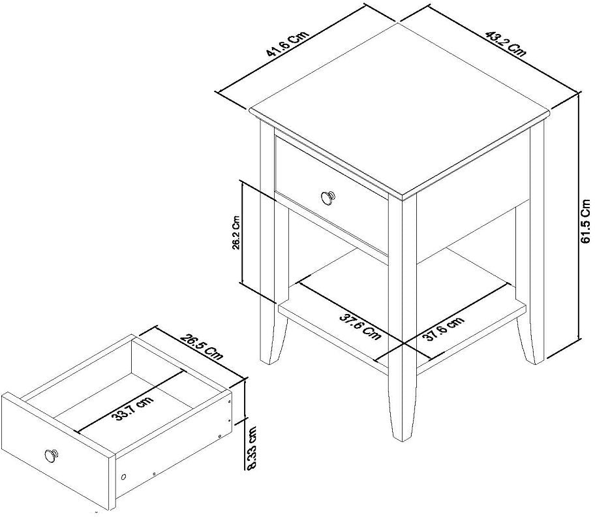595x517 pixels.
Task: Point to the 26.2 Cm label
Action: (x=236, y=232)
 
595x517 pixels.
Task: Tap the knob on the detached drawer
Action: (x=51, y=455)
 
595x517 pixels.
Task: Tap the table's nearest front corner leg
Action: (x=404, y=313)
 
